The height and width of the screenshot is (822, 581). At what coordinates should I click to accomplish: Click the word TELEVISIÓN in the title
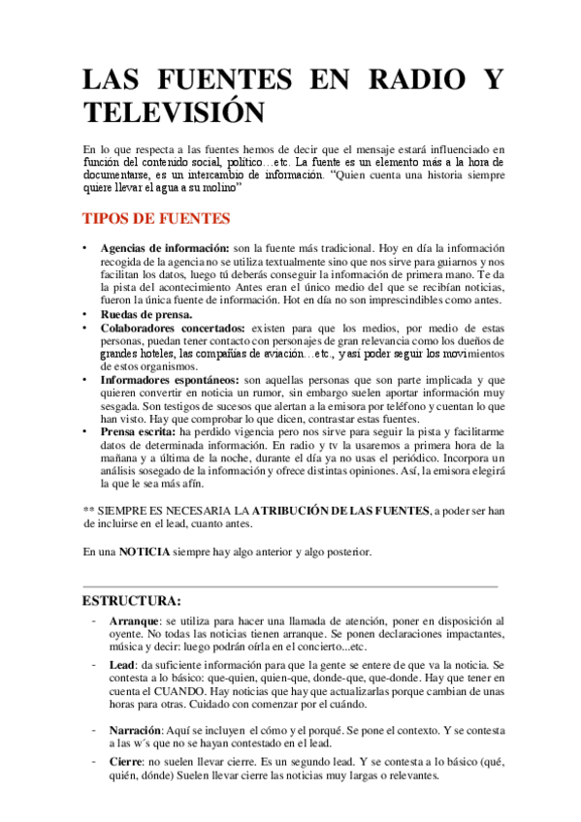(x=174, y=111)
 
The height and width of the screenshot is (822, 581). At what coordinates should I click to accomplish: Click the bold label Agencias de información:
(x=164, y=248)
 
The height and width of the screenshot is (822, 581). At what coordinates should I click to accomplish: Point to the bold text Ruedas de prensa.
(x=145, y=314)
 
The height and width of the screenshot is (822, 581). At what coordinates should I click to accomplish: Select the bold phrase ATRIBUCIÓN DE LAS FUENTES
(x=341, y=510)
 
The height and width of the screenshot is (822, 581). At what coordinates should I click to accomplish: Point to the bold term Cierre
(x=126, y=763)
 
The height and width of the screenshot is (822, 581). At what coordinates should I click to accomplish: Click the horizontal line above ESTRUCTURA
(x=291, y=586)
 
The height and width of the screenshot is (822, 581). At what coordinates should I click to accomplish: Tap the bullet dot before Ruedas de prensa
(x=85, y=314)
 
